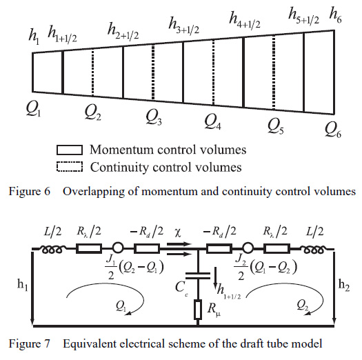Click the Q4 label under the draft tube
[x=212, y=122]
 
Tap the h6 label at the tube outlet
[x=335, y=16]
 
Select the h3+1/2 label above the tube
[x=184, y=26]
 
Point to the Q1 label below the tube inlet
[x=33, y=109]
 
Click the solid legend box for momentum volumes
[x=70, y=150]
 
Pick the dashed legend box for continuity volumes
[x=70, y=167]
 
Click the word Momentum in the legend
[x=121, y=150]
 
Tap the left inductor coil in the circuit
[x=52, y=250]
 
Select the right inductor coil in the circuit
[x=313, y=250]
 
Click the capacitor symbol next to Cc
[x=198, y=275]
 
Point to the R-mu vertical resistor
[x=198, y=310]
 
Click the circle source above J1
[x=118, y=249]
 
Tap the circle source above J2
[x=248, y=249]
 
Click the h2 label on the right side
[x=344, y=285]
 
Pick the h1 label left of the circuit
[x=23, y=285]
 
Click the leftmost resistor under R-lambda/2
[x=89, y=249]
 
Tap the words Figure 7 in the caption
[x=30, y=343]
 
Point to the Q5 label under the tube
[x=275, y=127]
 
